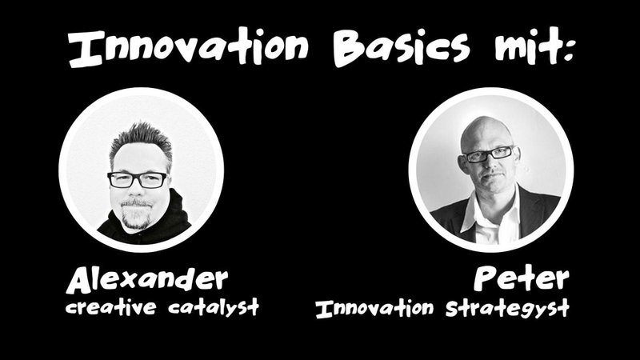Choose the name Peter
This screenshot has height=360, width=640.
pyautogui.click(x=522, y=278)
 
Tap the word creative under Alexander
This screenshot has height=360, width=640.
pyautogui.click(x=110, y=306)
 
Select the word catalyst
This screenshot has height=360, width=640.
pyautogui.click(x=214, y=306)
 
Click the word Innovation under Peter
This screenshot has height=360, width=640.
pyautogui.click(x=374, y=308)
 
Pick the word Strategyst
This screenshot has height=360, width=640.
pyautogui.click(x=507, y=309)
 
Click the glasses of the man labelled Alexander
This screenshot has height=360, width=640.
pyautogui.click(x=137, y=179)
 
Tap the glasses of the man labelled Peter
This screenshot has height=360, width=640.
pyautogui.click(x=488, y=154)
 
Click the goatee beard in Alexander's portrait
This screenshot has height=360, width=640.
pyautogui.click(x=136, y=214)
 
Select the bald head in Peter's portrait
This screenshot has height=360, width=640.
pyautogui.click(x=485, y=130)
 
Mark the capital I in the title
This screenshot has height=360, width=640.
pyautogui.click(x=85, y=49)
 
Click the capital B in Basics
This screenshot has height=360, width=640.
pyautogui.click(x=352, y=49)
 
